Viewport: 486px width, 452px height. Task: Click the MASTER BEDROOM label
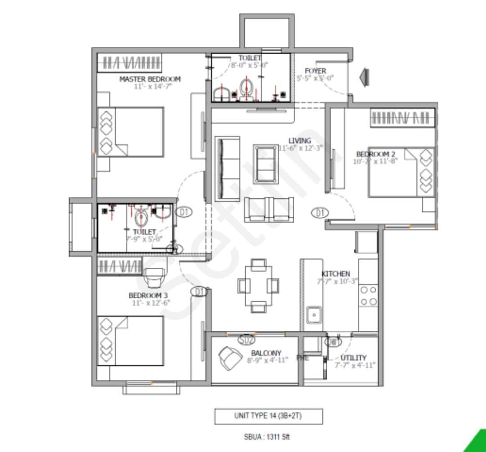pos(150,79)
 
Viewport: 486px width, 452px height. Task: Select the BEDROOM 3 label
pos(149,296)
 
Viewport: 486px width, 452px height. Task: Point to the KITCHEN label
pos(335,274)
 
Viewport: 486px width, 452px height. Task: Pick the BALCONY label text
pos(266,353)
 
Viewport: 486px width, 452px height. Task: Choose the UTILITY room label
pos(353,357)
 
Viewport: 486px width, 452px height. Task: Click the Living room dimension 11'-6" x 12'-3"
pos(301,148)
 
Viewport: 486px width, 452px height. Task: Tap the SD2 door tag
pos(246,340)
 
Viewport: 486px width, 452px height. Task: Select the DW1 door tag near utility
pos(333,342)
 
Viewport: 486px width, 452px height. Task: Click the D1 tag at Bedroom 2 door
pos(320,212)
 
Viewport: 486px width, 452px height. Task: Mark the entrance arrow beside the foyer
pos(364,75)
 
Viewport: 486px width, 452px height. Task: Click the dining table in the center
pos(258,286)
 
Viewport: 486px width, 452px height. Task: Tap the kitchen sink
pos(313,314)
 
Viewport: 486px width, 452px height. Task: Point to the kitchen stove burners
pos(368,296)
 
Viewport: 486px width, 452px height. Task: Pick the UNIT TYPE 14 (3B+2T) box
pos(268,416)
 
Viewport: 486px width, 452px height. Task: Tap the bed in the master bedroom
pos(130,132)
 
